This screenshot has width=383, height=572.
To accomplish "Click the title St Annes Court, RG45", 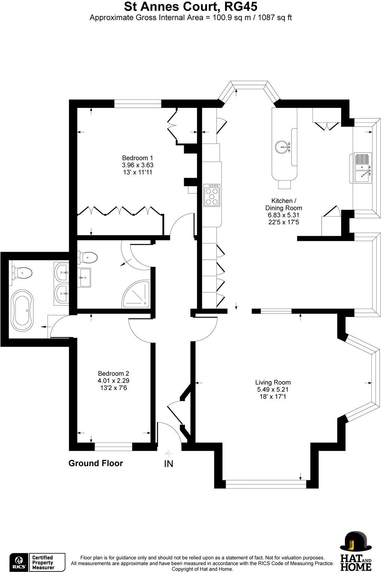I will pos(191,6).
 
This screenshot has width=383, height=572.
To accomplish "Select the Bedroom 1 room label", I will pos(138,158).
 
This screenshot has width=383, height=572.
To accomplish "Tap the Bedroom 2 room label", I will pos(113,373).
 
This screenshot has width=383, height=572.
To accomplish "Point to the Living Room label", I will pos(273,382).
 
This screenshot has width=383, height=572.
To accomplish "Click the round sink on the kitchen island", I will pos(282,147).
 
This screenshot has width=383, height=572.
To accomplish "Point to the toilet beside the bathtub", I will pos(22,273).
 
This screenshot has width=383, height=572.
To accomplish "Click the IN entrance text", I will pos(169,464).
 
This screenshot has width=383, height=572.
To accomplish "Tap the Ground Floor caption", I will pos(95,463).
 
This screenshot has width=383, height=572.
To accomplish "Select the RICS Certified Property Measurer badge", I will pos(37,562).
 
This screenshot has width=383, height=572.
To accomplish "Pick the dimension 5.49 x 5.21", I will pos(273,389).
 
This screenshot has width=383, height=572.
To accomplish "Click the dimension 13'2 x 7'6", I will pos(113,387).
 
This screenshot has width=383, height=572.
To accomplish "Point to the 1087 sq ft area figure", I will pos(273,17).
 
